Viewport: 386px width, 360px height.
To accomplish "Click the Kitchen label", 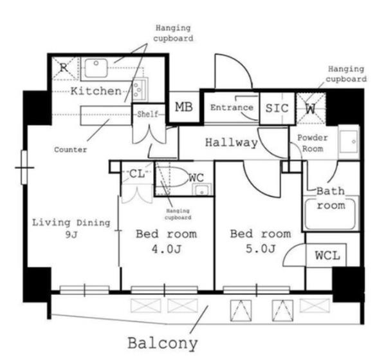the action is coord(96,91).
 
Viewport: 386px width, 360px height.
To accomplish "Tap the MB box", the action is coord(184,107).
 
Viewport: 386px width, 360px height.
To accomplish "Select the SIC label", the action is coord(277,108).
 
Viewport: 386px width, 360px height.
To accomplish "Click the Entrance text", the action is coord(232,108).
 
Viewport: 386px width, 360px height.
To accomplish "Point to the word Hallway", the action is coord(232,142).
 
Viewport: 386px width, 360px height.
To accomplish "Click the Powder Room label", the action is coord(313,143).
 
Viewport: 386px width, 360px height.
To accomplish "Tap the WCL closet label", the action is coord(327,256).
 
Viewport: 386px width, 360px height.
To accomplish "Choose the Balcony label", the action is coord(163,343).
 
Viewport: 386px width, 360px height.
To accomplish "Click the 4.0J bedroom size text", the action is coord(167,249).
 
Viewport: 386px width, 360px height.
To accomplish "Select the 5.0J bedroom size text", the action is coord(261,249).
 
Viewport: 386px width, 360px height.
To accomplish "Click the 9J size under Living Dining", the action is coord(71,235).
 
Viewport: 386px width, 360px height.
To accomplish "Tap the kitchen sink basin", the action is coord(96,68).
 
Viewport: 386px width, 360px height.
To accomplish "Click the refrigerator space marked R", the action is coord(64,68).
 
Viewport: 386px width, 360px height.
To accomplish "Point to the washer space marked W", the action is coord(311,108).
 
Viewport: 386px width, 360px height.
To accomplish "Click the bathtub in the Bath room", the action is coord(331,214).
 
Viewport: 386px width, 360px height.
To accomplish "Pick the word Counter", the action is coord(70,150).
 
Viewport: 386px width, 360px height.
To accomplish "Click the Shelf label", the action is coord(147,115).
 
